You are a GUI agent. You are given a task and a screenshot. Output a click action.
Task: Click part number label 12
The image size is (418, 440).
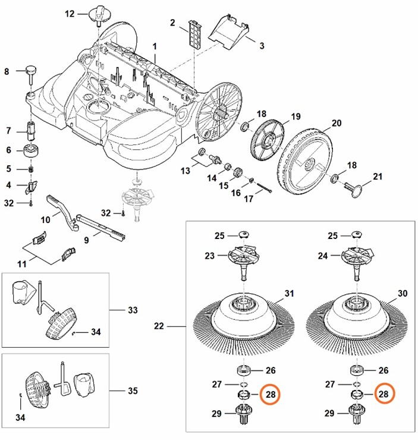coord(70,13)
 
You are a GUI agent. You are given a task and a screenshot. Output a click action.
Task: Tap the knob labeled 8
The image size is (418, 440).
coord(30,73)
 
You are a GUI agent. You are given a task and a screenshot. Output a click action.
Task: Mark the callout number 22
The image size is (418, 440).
coord(159,326)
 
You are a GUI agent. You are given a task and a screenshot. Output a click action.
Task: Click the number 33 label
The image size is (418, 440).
coord(133,310)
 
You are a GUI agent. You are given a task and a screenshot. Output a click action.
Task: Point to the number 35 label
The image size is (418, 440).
coord(133,391)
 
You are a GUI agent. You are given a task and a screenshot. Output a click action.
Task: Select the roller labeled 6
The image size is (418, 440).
coord(30,150)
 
